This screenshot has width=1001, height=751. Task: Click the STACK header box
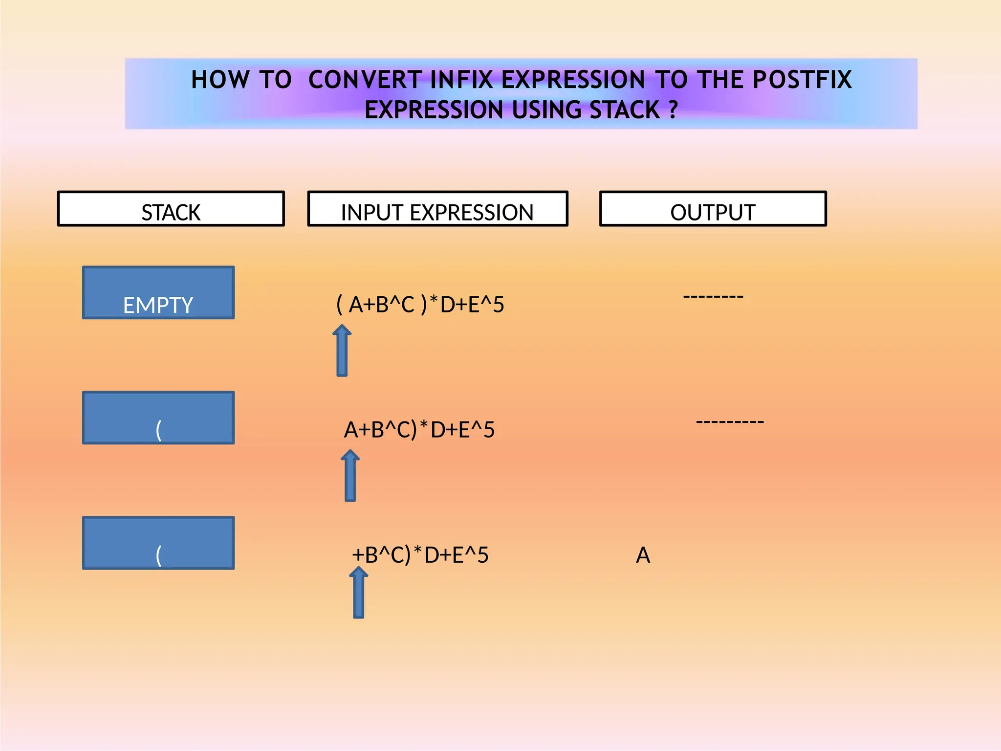coord(171,209)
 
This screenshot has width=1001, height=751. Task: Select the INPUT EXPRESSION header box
coord(437,209)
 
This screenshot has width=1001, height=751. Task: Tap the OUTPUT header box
coord(713,209)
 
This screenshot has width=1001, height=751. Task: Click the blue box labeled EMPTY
coord(158,293)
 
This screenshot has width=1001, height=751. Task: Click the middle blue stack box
coord(158,418)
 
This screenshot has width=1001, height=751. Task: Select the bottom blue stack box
coord(158,543)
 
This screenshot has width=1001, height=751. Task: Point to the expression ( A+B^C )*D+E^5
coord(420,305)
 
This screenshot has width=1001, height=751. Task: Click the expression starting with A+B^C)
coord(419,430)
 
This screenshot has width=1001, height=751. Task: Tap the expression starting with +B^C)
coord(420,555)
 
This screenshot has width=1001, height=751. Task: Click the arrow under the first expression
coord(342,351)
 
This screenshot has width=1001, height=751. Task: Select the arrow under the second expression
coord(350,476)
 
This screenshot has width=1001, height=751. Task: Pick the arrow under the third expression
coord(359,593)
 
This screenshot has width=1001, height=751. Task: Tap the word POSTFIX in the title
coord(802,80)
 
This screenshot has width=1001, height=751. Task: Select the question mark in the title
coord(674,110)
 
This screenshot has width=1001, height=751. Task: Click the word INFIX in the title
coord(461,80)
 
